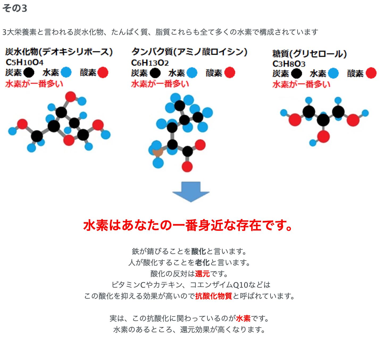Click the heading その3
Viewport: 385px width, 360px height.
tap(15, 8)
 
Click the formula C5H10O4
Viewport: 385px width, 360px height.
tap(24, 62)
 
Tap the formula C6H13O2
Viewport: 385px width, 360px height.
tap(150, 63)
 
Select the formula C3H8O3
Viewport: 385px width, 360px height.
tap(289, 64)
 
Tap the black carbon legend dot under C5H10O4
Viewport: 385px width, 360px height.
tap(29, 73)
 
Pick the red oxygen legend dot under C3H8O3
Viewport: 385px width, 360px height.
tap(371, 73)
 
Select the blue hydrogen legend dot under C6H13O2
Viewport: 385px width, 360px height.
tap(192, 73)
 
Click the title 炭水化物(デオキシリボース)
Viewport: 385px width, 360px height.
tap(59, 52)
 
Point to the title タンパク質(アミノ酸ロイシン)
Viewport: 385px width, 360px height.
tap(189, 52)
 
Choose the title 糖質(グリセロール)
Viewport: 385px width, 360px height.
tap(309, 54)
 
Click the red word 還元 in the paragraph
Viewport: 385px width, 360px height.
tap(202, 274)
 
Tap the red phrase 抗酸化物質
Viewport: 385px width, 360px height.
tap(214, 296)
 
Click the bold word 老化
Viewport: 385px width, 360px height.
tap(202, 262)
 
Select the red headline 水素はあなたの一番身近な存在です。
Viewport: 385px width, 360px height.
tap(188, 225)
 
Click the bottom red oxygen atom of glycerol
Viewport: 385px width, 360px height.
tap(323, 136)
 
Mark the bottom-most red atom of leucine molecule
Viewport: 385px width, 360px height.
tap(187, 166)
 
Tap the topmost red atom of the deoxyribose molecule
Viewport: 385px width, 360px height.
tap(70, 97)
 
